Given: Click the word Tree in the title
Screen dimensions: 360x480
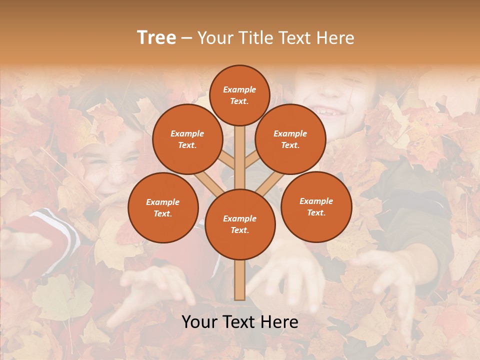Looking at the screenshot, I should (x=156, y=38).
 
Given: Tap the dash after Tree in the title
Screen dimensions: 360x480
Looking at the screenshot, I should (x=186, y=38).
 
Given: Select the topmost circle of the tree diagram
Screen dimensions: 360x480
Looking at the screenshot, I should (x=239, y=95).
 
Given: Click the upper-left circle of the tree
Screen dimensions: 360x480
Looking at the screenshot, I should (x=187, y=139).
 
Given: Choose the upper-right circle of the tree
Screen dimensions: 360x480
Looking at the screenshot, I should (x=290, y=139).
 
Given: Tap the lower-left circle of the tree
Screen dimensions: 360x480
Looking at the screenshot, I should (x=163, y=207).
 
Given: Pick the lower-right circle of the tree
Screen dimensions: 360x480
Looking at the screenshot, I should (x=316, y=206).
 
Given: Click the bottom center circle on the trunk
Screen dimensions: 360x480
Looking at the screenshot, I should (x=240, y=224).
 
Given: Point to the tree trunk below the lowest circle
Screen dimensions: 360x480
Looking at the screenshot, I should (x=240, y=280).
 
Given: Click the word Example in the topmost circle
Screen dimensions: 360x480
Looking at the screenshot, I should (x=239, y=89).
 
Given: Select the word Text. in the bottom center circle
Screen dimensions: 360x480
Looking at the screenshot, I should (x=239, y=230).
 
